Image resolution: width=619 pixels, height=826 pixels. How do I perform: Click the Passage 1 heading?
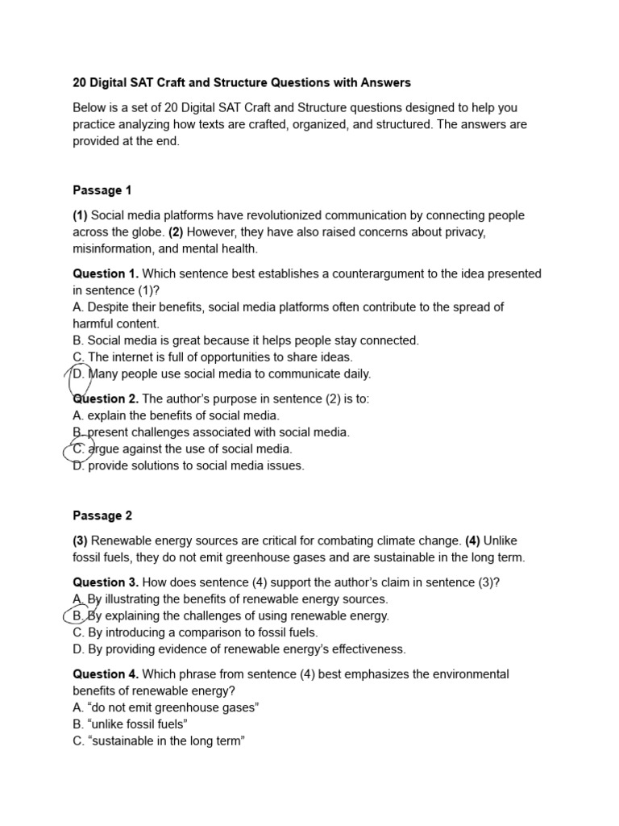[102, 190]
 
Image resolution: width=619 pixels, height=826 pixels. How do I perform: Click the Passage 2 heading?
[102, 515]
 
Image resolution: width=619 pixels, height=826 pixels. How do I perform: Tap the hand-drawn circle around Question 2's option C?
[79, 449]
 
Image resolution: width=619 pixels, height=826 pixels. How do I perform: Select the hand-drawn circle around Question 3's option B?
[79, 616]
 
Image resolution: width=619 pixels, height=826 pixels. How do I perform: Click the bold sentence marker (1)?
[80, 215]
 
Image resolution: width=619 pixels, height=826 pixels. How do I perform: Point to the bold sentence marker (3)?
[80, 540]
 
